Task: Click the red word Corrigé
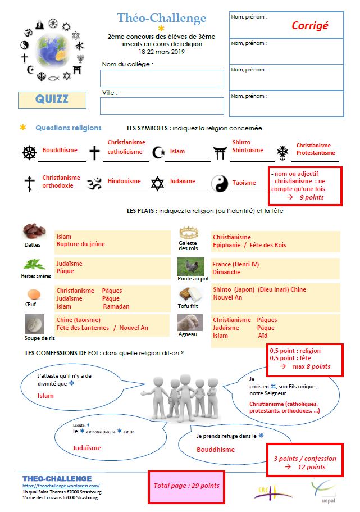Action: (309, 25)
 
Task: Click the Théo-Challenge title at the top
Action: (162, 19)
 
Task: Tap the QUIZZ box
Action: (52, 99)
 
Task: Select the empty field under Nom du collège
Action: (162, 78)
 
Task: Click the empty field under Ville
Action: (162, 106)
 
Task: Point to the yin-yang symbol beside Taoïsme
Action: (219, 183)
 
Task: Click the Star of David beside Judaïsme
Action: (157, 183)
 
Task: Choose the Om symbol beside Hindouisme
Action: (94, 182)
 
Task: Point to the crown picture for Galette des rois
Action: (189, 232)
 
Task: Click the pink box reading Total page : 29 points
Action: (186, 486)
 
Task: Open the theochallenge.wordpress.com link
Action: (61, 486)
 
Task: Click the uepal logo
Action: (322, 488)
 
